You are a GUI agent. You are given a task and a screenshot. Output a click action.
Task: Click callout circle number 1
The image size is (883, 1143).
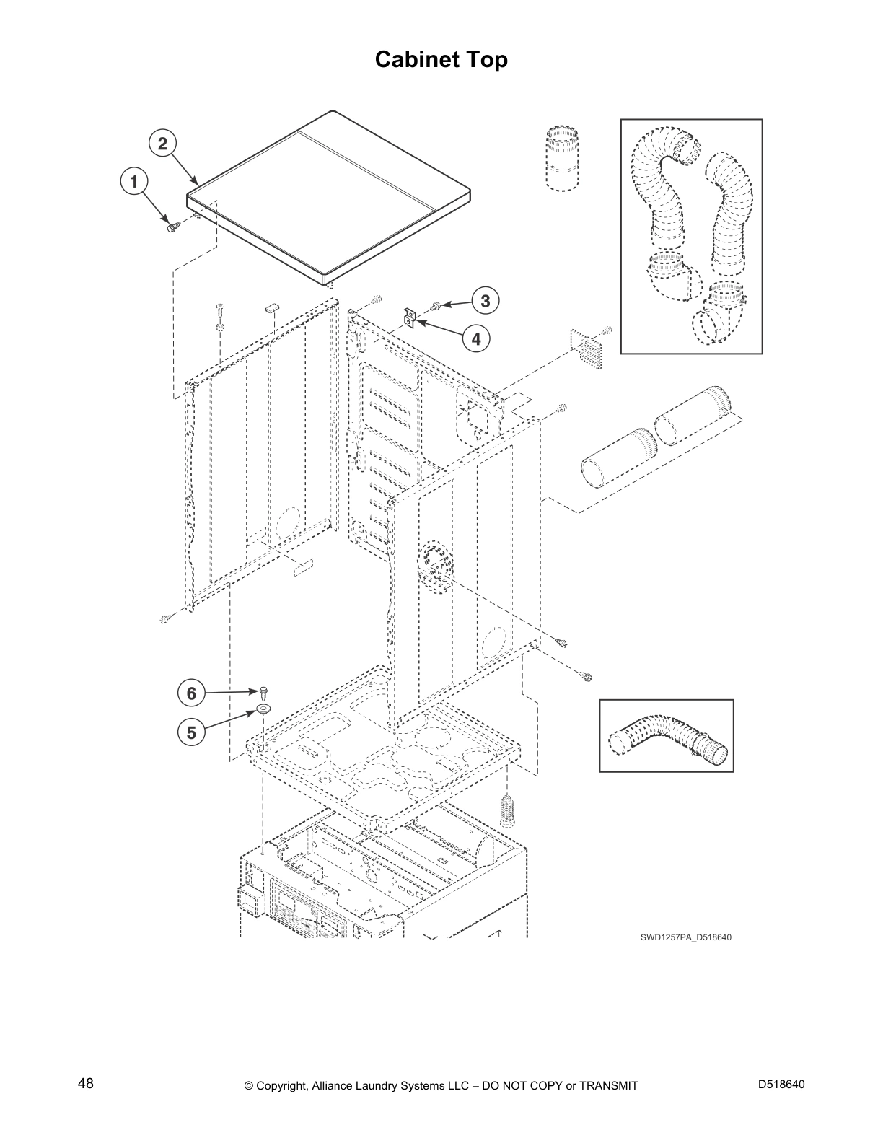coord(133,181)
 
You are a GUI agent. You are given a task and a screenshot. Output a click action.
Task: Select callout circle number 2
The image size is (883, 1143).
coord(163,143)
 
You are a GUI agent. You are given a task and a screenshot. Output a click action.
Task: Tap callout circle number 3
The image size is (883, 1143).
coord(486,300)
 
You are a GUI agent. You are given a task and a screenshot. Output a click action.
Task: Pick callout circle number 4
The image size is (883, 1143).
coord(475,337)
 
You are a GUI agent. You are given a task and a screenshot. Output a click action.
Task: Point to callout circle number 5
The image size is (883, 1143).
coord(191,732)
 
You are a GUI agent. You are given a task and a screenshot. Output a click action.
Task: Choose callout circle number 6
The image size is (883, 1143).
coord(191,693)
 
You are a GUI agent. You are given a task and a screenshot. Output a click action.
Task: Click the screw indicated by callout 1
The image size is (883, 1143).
coord(172,227)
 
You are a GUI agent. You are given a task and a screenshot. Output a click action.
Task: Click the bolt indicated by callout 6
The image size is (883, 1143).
coord(264,693)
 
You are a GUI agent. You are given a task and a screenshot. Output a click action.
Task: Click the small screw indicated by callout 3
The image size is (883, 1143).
coord(435,307)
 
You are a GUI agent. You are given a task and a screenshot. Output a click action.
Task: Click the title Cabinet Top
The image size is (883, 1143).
coord(441,59)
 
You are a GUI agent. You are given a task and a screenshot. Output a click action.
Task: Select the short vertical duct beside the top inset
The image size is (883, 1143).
coord(562,159)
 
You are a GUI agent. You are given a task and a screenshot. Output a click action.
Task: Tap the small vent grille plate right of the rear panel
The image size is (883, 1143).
coord(586,349)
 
